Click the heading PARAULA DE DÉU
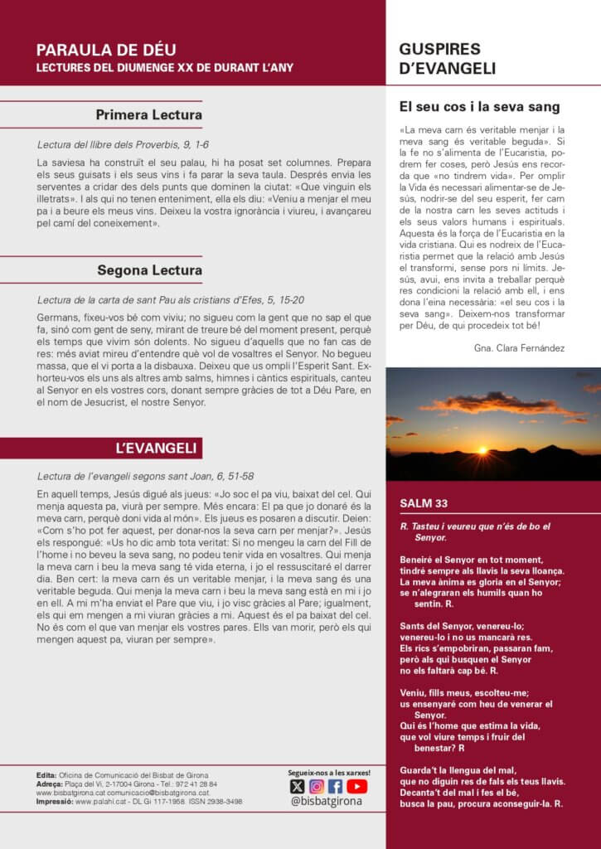pyautogui.click(x=106, y=50)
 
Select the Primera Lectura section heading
pyautogui.click(x=149, y=114)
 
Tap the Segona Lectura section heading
pyautogui.click(x=149, y=270)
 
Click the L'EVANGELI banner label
pyautogui.click(x=156, y=449)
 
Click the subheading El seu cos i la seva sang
pyautogui.click(x=480, y=107)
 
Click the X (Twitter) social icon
pyautogui.click(x=297, y=787)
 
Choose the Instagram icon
pyautogui.click(x=317, y=787)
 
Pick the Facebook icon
pyautogui.click(x=336, y=787)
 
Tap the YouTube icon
pyautogui.click(x=357, y=787)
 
